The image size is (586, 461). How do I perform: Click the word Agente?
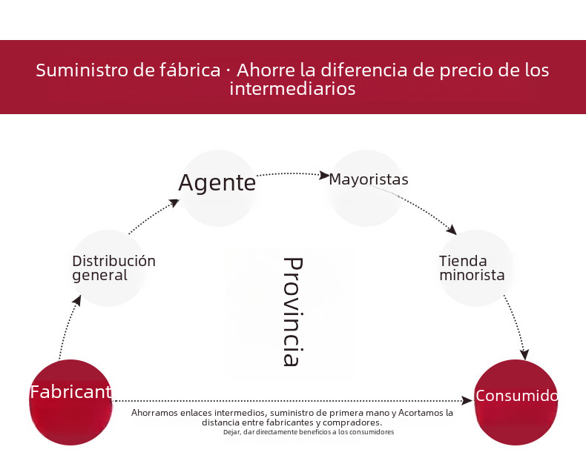tap(217, 183)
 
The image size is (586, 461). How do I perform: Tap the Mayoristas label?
tap(369, 179)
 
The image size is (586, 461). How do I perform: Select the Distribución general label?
tap(113, 268)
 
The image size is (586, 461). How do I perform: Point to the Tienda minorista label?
tap(472, 268)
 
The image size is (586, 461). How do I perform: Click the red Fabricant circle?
tap(70, 402)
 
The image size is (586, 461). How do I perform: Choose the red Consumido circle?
tap(516, 402)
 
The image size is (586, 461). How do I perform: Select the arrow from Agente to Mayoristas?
tap(293, 174)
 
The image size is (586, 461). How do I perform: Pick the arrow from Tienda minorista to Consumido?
tap(518, 323)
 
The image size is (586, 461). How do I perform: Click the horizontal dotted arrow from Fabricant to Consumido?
tap(293, 400)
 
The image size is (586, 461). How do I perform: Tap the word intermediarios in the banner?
tap(292, 90)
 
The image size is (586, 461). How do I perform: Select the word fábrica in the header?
tap(194, 71)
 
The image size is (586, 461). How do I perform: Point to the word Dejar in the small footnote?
tap(231, 431)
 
